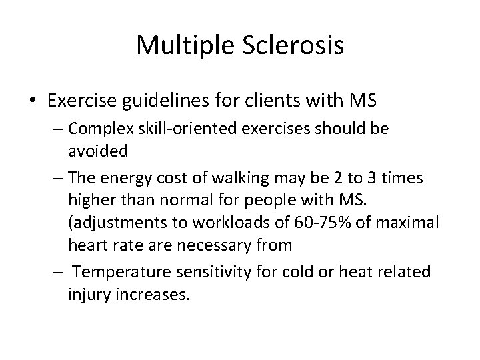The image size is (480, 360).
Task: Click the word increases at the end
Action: click(153, 294)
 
